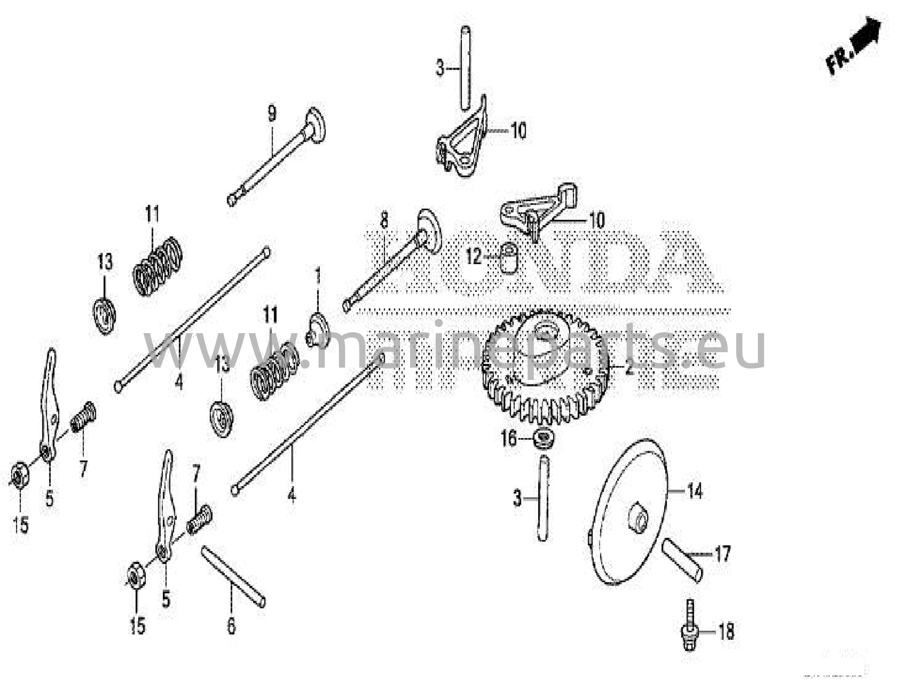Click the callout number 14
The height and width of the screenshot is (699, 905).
pos(695,491)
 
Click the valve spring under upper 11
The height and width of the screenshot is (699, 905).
pos(158,266)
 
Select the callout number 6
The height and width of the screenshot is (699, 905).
pos(231,626)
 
